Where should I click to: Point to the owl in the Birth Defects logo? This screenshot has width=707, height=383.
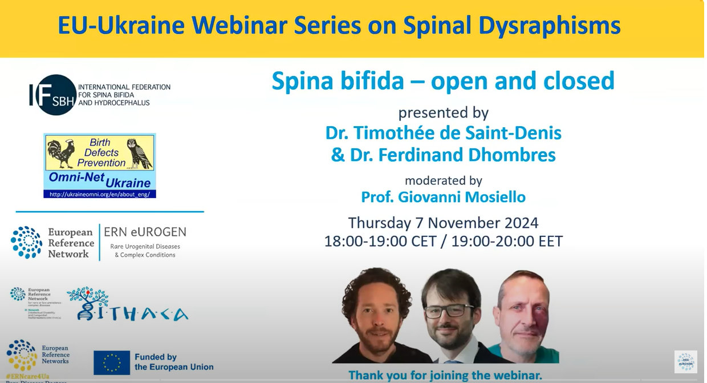(139, 153)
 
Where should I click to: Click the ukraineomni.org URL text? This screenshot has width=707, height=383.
(99, 194)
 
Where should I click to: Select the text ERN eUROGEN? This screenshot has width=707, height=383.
(145, 232)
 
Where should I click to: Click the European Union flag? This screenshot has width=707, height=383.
(112, 362)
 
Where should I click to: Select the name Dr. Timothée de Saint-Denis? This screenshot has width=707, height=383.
(443, 133)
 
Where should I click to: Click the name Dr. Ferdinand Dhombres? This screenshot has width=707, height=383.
(443, 155)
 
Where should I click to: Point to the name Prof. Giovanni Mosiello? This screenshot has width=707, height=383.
(443, 197)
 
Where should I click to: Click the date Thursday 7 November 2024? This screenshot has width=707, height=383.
(443, 223)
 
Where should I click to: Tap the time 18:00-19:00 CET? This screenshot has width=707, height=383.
(380, 241)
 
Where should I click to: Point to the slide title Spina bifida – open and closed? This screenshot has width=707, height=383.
(443, 81)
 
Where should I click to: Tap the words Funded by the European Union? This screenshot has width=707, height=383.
(173, 362)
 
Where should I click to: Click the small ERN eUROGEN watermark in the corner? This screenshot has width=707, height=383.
(685, 362)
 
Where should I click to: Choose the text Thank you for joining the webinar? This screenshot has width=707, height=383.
(445, 376)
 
